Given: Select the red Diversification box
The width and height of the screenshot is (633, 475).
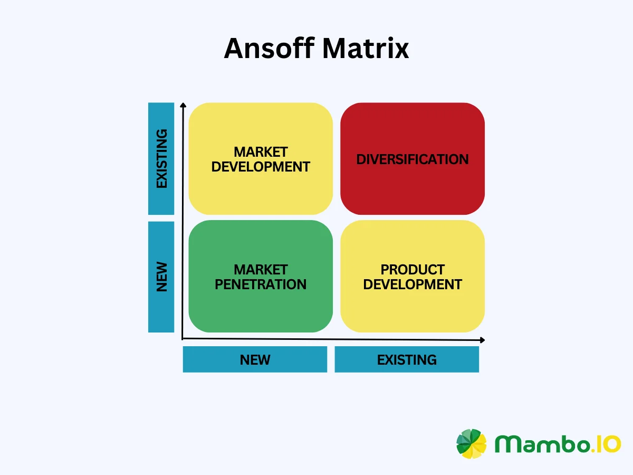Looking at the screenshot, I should (413, 185).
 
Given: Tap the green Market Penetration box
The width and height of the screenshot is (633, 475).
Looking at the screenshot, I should (261, 306).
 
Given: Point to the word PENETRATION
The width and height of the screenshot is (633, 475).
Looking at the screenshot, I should (261, 284).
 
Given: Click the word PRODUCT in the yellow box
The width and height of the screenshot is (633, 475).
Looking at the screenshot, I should (413, 270).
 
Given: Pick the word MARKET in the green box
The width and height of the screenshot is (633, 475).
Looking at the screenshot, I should (261, 270).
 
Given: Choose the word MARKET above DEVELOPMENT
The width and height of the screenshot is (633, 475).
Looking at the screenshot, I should (261, 152).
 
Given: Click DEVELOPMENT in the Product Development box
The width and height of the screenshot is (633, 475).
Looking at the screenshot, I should (413, 284).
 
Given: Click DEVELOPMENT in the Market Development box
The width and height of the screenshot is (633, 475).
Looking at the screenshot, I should (261, 167).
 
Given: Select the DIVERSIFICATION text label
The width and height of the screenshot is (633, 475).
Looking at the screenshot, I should (413, 159).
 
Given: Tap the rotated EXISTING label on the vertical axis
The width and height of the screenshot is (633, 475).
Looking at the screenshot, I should (161, 158).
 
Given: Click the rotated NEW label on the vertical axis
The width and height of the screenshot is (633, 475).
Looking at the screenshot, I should (161, 277).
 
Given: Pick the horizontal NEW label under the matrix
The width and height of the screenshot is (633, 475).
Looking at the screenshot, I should (255, 360).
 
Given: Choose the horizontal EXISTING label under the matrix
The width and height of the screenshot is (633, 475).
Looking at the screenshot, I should (407, 360).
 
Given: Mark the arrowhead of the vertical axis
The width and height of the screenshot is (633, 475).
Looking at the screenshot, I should (183, 106).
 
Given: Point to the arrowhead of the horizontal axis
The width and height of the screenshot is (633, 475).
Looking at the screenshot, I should (482, 340).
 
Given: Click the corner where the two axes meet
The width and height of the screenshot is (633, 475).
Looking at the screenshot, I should (183, 338).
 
